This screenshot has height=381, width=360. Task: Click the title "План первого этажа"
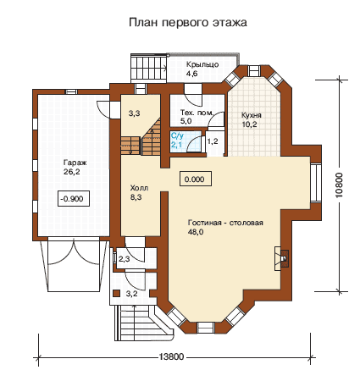188,23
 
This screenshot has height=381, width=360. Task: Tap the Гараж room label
75,163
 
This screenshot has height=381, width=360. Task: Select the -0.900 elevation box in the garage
74,199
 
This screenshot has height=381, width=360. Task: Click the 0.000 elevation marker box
196,179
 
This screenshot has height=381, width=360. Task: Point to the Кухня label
252,115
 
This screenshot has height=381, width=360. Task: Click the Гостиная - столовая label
225,223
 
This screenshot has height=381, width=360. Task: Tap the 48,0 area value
196,232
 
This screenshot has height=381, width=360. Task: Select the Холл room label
139,188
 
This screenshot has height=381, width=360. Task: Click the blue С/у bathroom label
177,136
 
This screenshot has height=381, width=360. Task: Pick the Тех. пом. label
197,113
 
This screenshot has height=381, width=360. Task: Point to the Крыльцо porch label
202,64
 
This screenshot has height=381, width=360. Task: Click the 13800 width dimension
171,356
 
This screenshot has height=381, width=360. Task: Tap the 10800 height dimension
340,185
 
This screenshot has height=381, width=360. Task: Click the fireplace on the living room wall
282,258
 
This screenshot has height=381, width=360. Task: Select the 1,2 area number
213,141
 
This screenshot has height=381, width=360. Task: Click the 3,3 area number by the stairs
134,113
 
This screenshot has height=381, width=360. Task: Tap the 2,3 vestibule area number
125,259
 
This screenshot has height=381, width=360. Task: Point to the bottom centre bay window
206,328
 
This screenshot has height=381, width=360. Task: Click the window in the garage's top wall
71,91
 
